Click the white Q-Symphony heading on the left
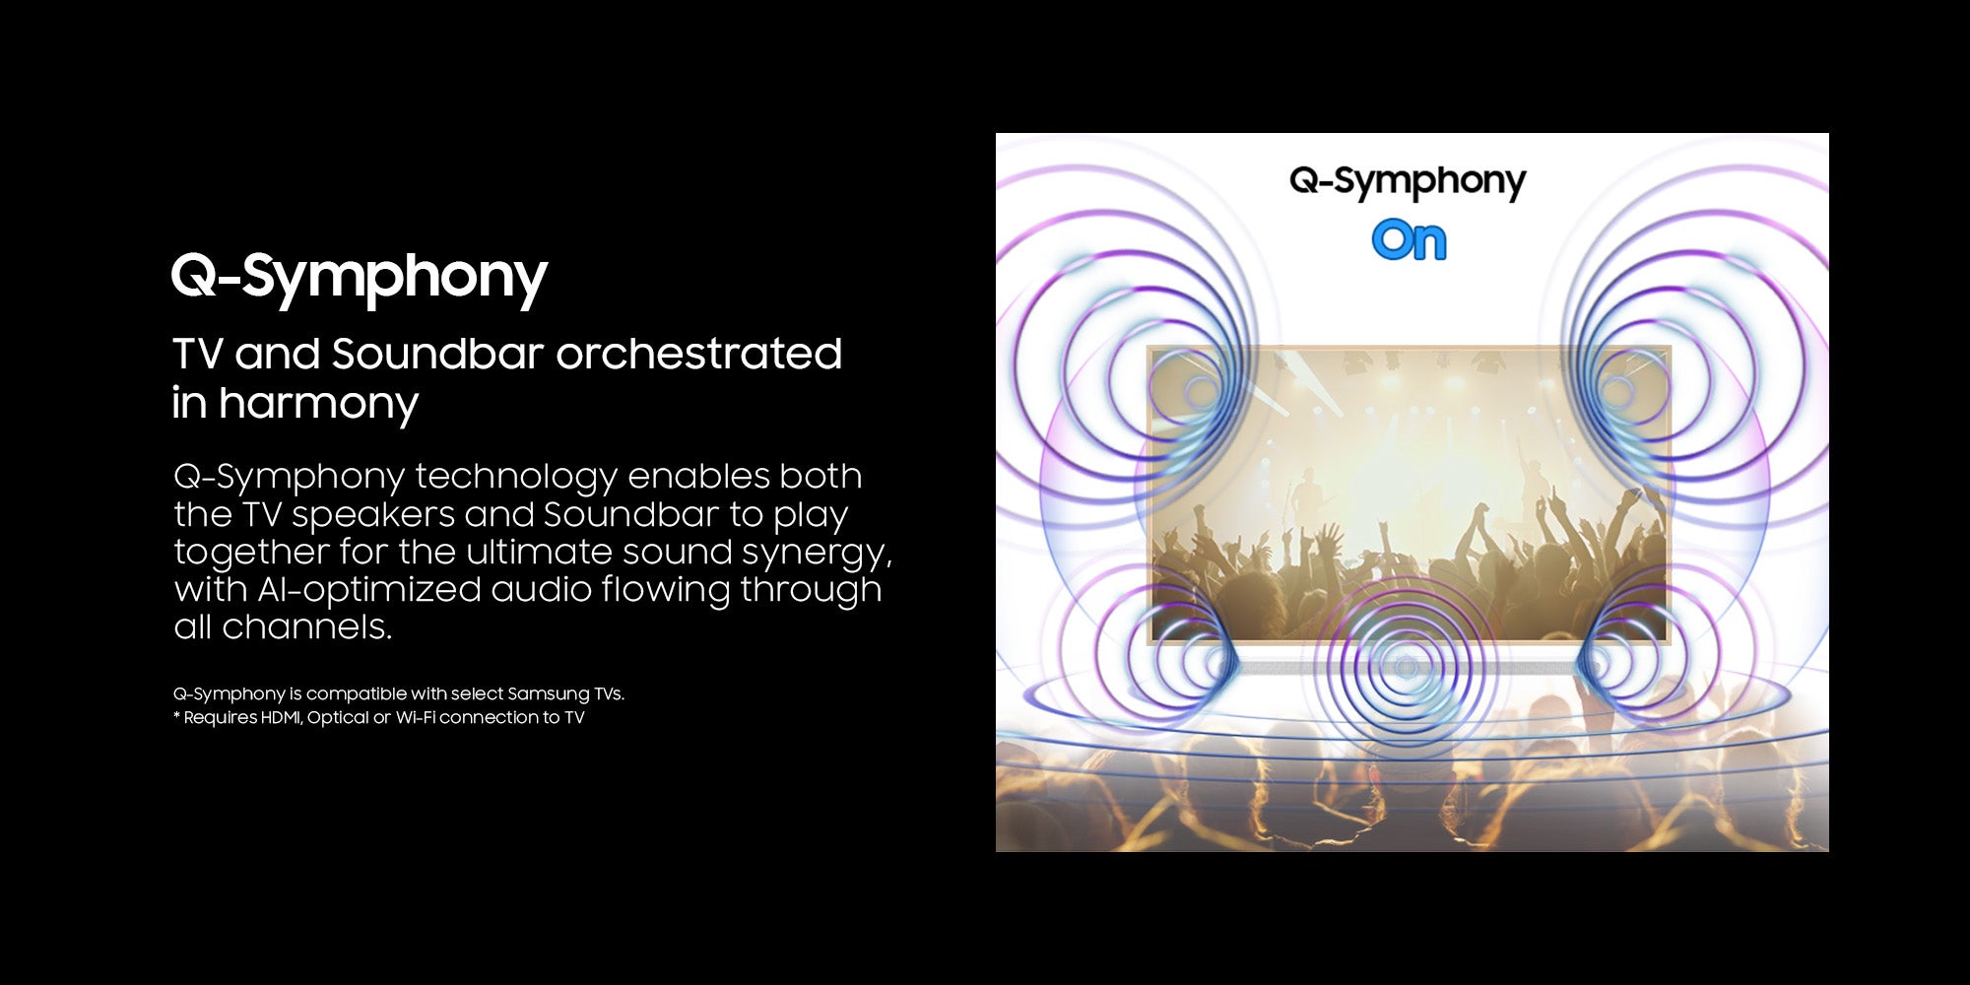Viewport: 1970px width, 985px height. pyautogui.click(x=360, y=277)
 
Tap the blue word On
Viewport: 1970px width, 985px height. pyautogui.click(x=1409, y=240)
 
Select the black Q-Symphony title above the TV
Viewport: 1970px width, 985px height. pyautogui.click(x=1408, y=182)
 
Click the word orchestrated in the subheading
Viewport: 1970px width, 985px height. pyautogui.click(x=698, y=354)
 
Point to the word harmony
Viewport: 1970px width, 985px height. pyautogui.click(x=318, y=404)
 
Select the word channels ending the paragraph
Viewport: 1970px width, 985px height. pyautogui.click(x=306, y=627)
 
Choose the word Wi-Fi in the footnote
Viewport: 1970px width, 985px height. pyautogui.click(x=416, y=717)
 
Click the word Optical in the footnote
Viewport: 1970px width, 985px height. pyautogui.click(x=338, y=718)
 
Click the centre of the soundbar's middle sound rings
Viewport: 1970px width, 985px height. pyautogui.click(x=1406, y=668)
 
